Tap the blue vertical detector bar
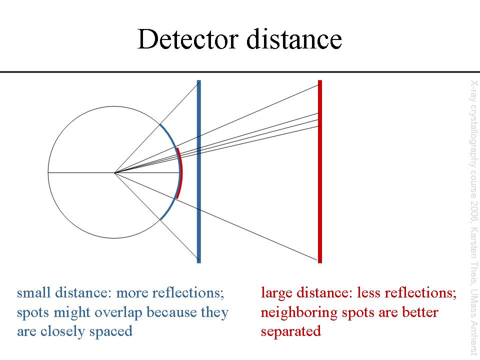(x=199, y=200)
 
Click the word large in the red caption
(x=275, y=293)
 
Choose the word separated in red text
(x=290, y=331)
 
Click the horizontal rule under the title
(x=240, y=72)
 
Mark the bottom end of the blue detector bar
(x=199, y=261)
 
